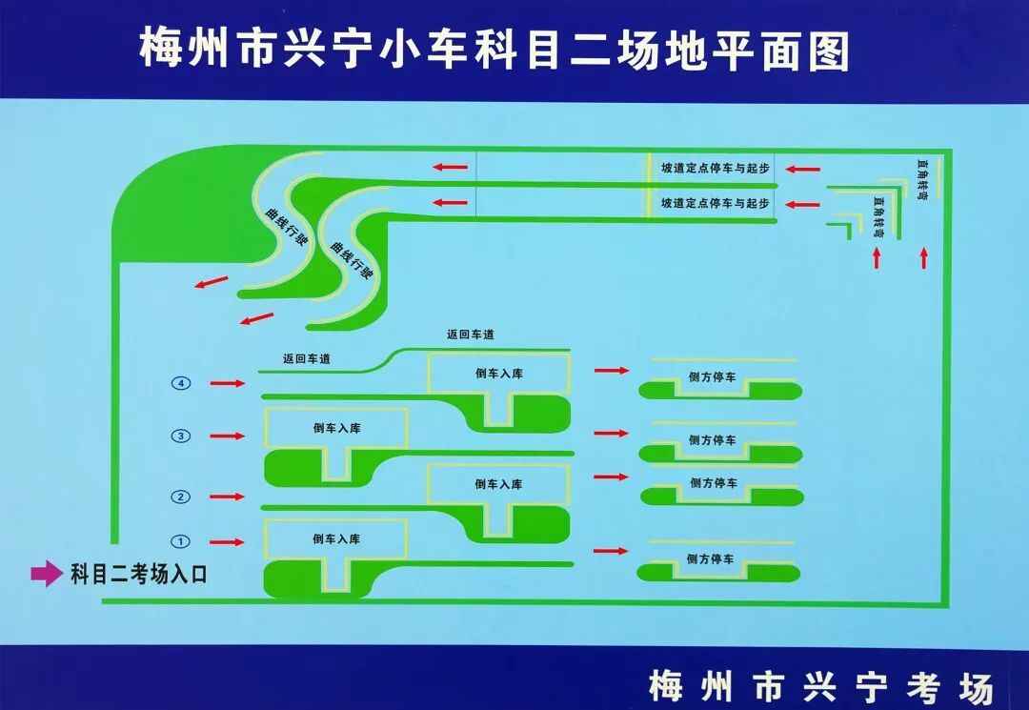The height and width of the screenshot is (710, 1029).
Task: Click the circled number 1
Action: click(181, 541)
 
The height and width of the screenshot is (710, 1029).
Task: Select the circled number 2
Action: click(181, 497)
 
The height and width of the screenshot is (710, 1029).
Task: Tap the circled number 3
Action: click(181, 436)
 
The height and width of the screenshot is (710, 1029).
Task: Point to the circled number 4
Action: click(181, 383)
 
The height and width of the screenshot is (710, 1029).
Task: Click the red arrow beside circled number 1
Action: click(227, 542)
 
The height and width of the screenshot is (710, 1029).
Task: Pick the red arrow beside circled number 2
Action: click(227, 497)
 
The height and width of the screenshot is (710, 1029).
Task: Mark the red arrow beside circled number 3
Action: click(227, 436)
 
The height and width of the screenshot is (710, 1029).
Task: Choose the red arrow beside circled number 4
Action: click(227, 383)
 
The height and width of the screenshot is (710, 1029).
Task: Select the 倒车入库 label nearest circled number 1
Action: click(335, 538)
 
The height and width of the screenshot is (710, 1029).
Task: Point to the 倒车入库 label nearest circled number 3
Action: click(335, 428)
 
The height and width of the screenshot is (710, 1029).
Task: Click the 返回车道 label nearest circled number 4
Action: click(307, 359)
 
